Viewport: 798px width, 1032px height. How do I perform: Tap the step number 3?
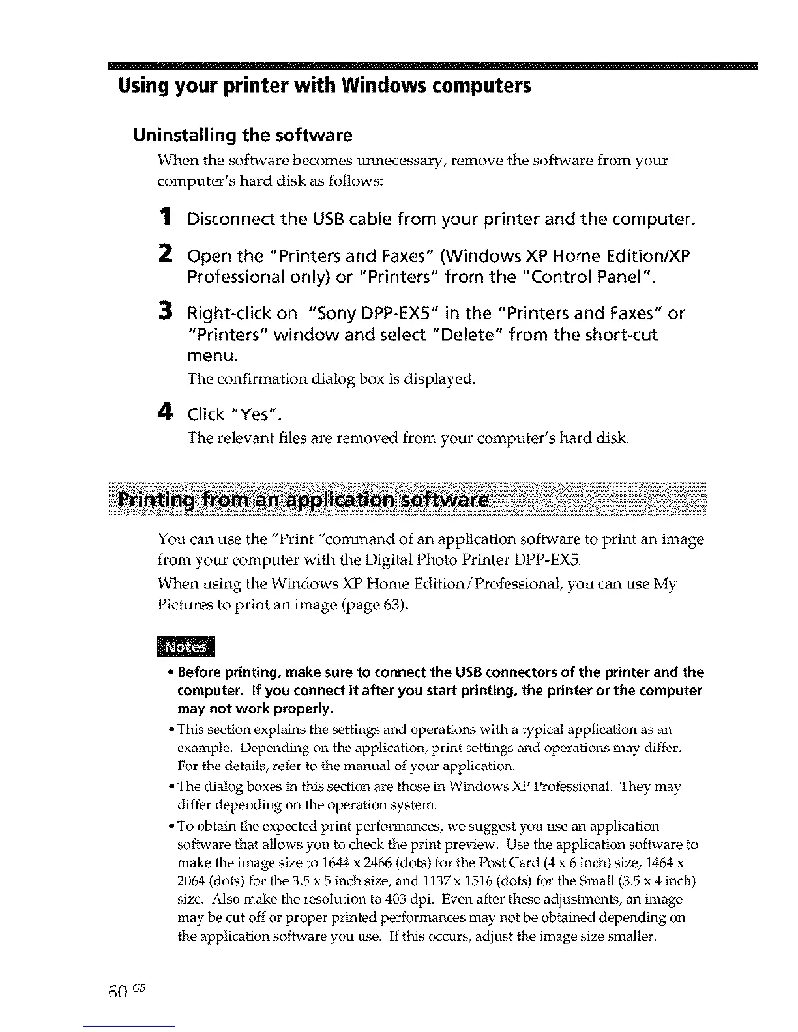[166, 312]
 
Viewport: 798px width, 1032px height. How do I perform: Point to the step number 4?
[166, 413]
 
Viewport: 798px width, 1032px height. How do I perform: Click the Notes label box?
[185, 647]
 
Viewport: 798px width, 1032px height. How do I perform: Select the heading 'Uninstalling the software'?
[243, 136]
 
